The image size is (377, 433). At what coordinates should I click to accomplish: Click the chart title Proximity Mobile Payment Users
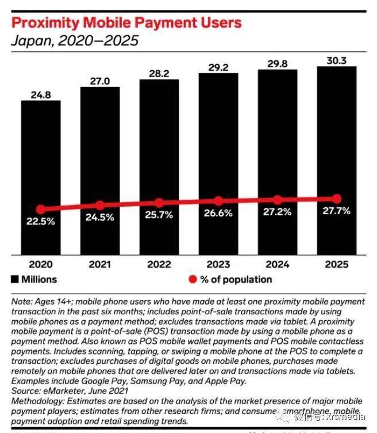pyautogui.click(x=127, y=23)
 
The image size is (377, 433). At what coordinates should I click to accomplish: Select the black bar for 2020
pyautogui.click(x=41, y=173)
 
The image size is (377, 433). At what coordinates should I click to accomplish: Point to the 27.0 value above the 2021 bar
pyautogui.click(x=100, y=79)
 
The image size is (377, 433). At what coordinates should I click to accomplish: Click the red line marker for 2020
pyautogui.click(x=41, y=210)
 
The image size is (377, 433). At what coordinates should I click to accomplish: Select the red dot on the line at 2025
pyautogui.click(x=337, y=198)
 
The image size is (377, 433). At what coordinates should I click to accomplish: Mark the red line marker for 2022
pyautogui.click(x=159, y=203)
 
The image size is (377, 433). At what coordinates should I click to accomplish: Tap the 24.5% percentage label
pyautogui.click(x=100, y=218)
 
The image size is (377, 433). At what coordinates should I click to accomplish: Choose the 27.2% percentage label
pyautogui.click(x=278, y=212)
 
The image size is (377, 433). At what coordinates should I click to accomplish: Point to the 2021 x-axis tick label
pyautogui.click(x=100, y=264)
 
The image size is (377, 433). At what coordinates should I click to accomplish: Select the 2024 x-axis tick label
pyautogui.click(x=278, y=264)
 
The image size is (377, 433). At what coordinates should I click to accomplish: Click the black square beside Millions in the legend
pyautogui.click(x=15, y=279)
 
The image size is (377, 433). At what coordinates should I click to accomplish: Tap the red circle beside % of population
pyautogui.click(x=193, y=280)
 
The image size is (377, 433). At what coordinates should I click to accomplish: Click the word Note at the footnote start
pyautogui.click(x=22, y=301)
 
